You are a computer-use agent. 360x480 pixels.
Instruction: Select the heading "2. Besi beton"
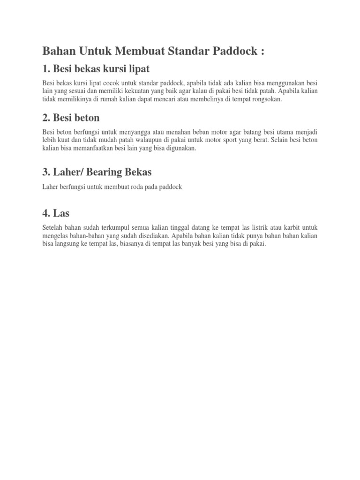click(71, 117)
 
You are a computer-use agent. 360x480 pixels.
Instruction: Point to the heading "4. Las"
click(55, 213)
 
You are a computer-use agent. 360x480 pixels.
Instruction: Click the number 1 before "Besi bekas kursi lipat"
click(45, 69)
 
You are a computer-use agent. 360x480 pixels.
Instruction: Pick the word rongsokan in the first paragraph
click(266, 99)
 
